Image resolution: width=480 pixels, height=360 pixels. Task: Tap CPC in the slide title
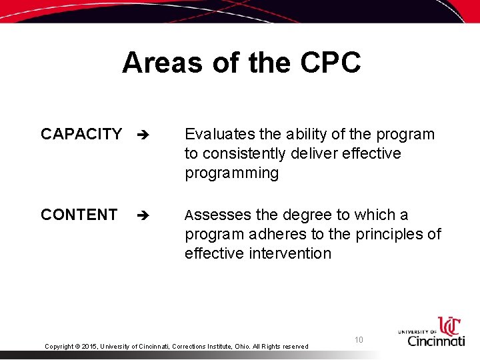pos(331,63)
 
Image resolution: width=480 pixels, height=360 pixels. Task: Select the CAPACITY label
pos(81,134)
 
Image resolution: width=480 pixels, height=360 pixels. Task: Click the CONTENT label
pos(79,215)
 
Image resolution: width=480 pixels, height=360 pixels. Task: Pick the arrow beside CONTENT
pos(141,215)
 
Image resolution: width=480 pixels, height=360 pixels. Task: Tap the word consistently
pos(247,153)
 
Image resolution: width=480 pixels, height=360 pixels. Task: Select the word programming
pos(231,173)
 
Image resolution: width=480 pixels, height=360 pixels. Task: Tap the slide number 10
pos(359,340)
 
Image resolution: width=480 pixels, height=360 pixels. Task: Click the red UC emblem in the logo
pos(449,326)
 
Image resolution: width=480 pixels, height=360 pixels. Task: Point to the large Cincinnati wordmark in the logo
pos(437,340)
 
